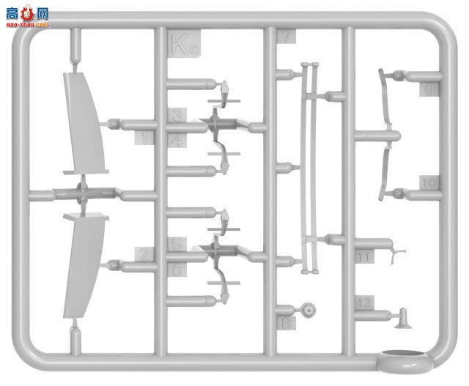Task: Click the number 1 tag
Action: coord(147,137)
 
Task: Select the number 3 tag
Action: coord(178,115)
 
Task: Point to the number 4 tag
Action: coord(178,140)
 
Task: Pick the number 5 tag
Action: coord(178,245)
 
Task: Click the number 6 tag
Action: coord(178,270)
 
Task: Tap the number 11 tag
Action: coord(364,257)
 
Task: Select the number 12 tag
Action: coord(364,302)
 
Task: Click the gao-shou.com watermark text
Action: coord(26,24)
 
